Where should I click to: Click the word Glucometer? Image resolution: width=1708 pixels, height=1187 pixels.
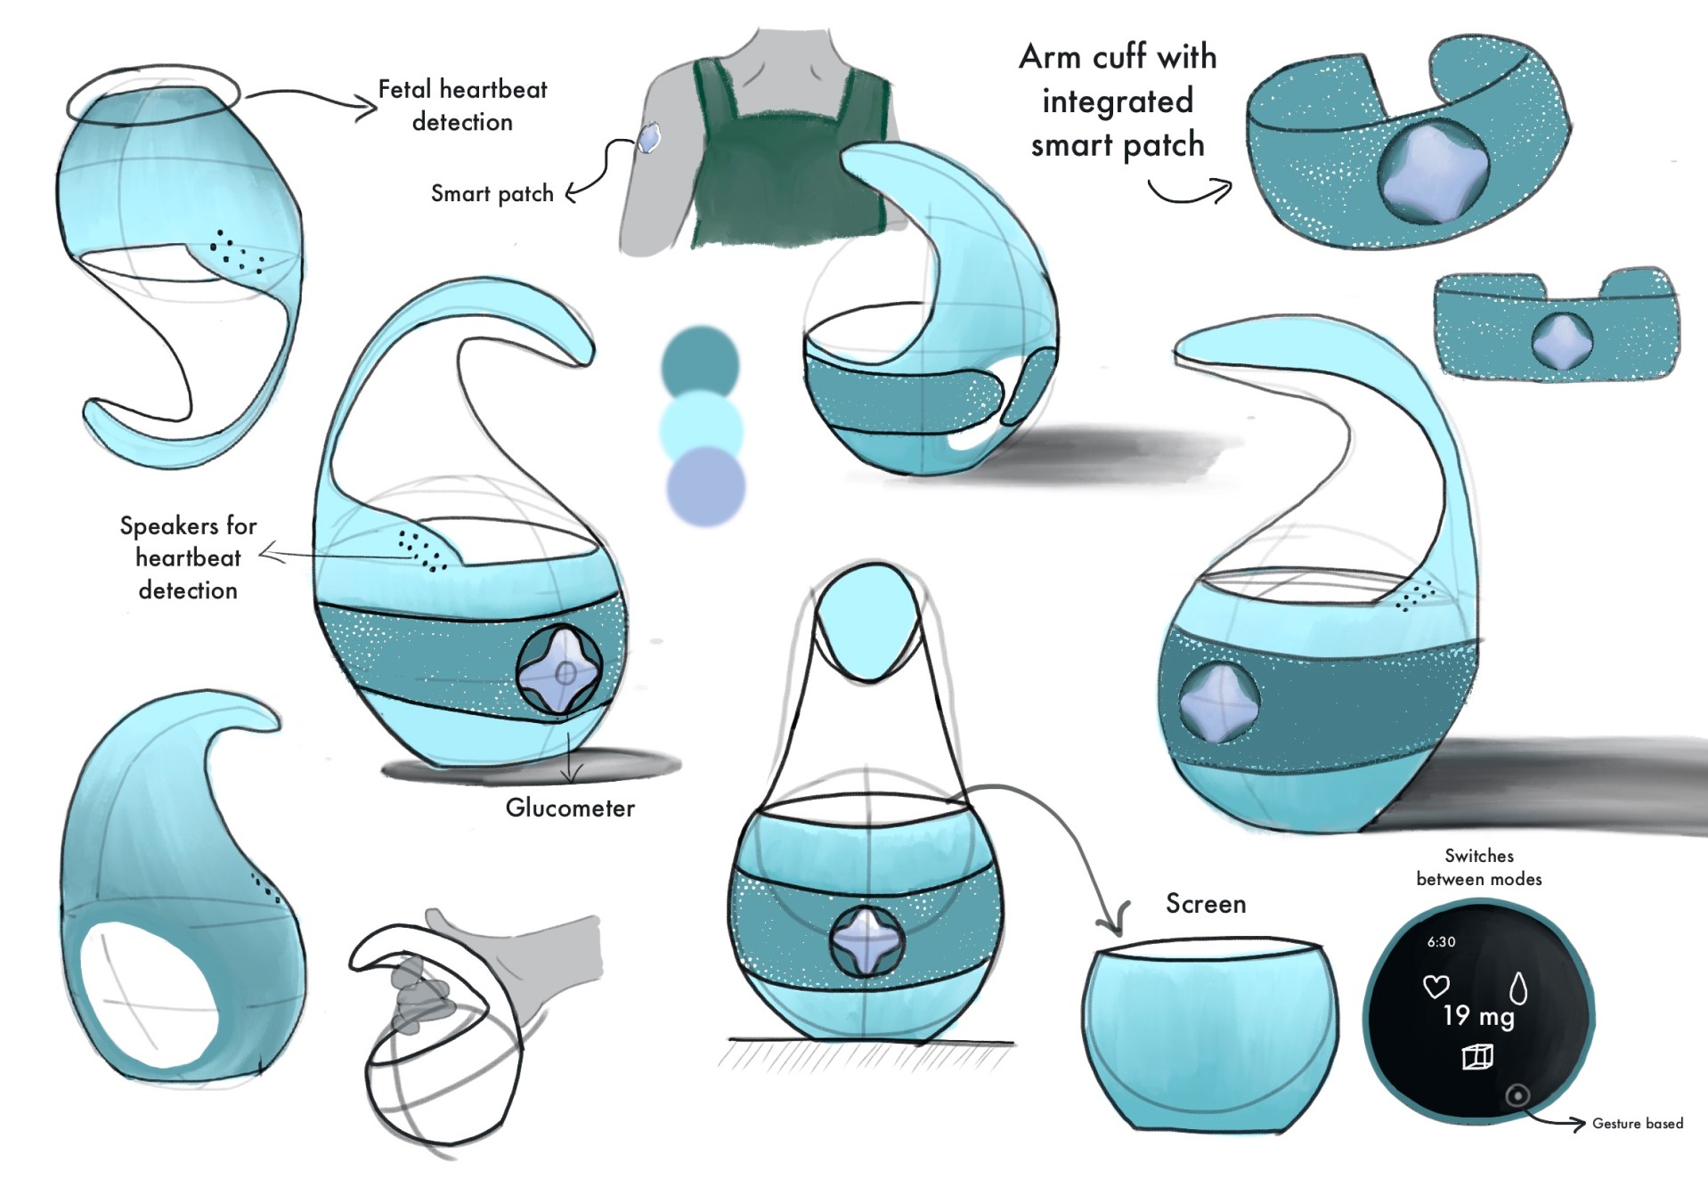[570, 808]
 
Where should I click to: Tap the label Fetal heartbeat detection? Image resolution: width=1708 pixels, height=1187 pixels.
[462, 105]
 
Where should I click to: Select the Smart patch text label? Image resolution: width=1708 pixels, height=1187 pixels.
[492, 193]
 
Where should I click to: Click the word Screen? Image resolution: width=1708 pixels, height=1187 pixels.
[1206, 904]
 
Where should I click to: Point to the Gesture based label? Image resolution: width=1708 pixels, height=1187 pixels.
[1637, 1124]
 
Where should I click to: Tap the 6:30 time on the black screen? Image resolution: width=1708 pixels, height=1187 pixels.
[1441, 941]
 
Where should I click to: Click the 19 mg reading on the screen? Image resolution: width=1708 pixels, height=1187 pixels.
[1478, 1016]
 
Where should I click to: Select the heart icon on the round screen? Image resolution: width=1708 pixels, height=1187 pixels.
[1436, 986]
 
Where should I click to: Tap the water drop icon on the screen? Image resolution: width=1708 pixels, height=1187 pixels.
[1518, 988]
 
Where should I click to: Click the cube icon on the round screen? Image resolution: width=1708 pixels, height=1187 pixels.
[1477, 1057]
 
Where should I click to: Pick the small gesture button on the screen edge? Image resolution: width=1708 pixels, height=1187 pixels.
[1517, 1095]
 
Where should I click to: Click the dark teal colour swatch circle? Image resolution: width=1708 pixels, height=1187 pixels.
[700, 362]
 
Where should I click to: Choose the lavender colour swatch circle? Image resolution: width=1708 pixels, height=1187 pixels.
[705, 487]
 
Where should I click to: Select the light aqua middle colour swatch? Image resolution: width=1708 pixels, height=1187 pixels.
[702, 427]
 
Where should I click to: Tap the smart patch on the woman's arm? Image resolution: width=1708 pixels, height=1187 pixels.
[649, 138]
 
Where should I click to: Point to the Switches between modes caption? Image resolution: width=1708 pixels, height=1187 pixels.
[1478, 867]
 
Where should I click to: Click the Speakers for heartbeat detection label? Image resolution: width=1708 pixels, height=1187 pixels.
[188, 557]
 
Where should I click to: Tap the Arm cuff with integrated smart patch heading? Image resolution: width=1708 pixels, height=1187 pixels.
[1118, 101]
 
